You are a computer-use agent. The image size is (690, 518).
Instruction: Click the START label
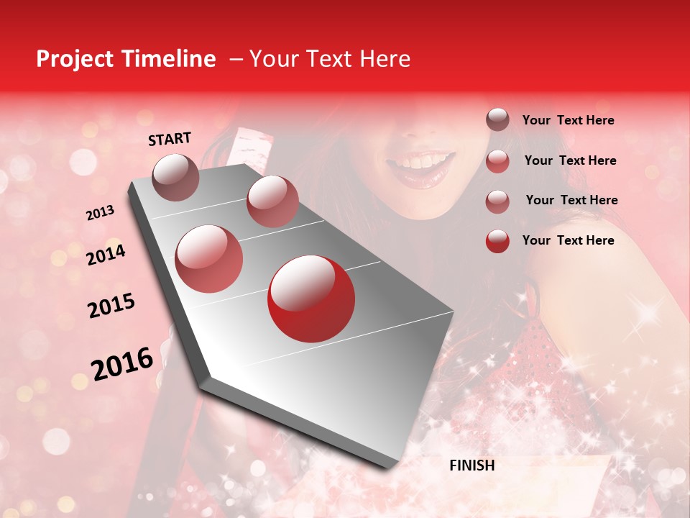[x=170, y=139]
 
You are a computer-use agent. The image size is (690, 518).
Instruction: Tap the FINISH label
[x=471, y=465]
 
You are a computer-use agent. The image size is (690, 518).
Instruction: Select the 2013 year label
[x=100, y=213]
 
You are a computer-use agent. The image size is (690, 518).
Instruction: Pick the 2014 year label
[x=106, y=255]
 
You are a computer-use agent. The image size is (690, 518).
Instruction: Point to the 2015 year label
[x=111, y=306]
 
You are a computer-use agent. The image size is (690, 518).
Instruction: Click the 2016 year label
[x=122, y=364]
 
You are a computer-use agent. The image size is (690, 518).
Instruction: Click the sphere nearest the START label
[x=175, y=177]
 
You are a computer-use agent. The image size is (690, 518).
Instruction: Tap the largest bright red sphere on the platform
[x=310, y=299]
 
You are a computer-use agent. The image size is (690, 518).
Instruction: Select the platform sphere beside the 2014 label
[x=208, y=258]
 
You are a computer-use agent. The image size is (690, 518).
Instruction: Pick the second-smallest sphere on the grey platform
[x=272, y=201]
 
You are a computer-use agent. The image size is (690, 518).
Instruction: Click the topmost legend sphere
[x=497, y=119]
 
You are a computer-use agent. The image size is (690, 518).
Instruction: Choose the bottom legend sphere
[x=497, y=240]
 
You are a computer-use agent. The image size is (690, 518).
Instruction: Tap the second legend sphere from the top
[x=497, y=160]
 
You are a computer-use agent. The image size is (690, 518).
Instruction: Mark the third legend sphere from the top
[x=497, y=201]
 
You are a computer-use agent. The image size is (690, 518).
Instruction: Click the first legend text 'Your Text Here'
[x=568, y=120]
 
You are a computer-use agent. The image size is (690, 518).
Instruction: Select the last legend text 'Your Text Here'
[x=568, y=240]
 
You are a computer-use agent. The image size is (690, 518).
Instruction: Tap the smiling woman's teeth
[x=424, y=161]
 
